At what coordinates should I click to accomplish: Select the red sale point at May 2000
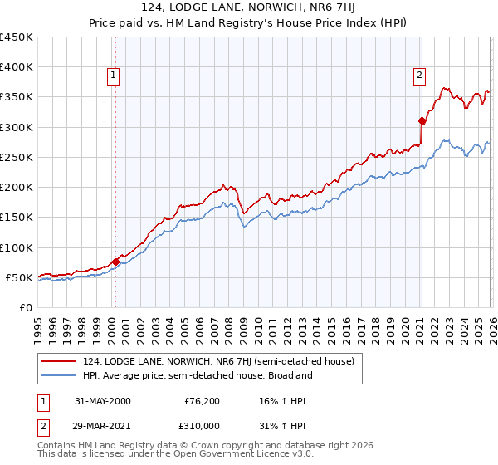point(116,262)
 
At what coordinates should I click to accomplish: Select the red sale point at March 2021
point(422,121)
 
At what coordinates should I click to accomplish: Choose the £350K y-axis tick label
point(17,97)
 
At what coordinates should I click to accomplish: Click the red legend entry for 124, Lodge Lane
point(218,361)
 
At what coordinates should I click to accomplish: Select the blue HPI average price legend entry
point(197,375)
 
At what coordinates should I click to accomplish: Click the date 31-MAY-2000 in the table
point(103,401)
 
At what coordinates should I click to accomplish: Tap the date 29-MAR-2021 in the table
point(103,426)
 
